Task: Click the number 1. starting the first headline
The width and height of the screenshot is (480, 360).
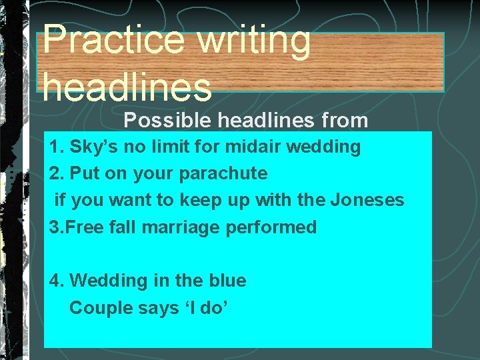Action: pos(57,147)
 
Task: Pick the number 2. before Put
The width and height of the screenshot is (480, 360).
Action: pos(57,173)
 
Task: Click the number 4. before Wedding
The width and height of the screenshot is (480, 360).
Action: pos(57,281)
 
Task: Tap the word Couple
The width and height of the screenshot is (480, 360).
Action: pos(97,308)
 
